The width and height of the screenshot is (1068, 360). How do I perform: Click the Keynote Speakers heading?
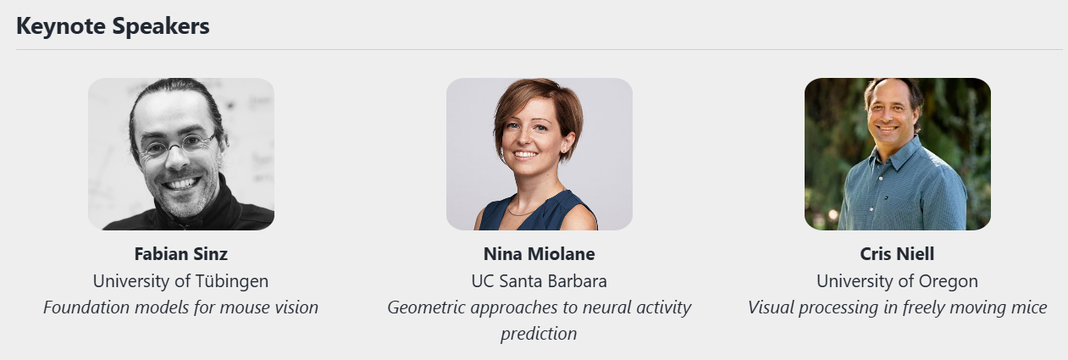pos(113,26)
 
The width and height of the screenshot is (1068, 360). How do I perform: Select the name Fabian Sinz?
pos(180,253)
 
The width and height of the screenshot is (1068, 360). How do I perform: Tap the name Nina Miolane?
pos(540,253)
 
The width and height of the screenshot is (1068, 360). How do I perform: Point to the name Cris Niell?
pos(897,253)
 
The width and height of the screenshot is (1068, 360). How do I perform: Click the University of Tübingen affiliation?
pos(180,281)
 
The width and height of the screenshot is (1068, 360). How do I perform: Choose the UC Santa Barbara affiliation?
pos(540,281)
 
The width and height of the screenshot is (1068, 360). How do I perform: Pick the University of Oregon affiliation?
pos(897,281)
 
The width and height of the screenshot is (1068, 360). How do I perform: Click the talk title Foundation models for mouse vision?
pos(180,307)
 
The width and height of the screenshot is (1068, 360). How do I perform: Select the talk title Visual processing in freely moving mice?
pos(897,307)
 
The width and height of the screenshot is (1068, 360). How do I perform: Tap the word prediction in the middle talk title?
pos(539,334)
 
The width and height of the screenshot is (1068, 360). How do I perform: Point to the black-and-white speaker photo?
pos(181,154)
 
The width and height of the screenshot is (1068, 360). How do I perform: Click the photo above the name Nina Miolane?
pos(540,154)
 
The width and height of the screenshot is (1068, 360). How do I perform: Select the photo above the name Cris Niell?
pos(897,154)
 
